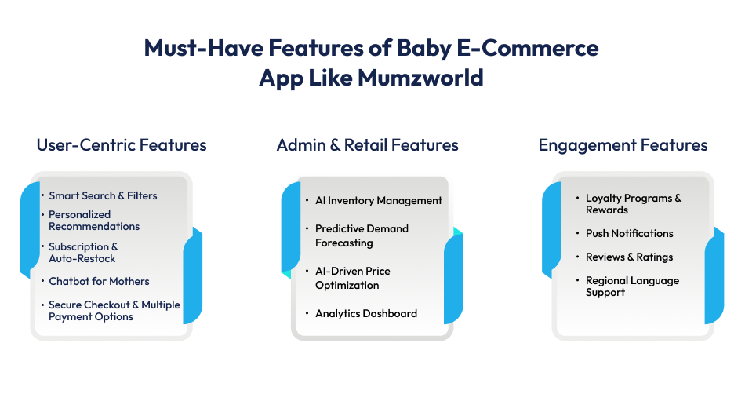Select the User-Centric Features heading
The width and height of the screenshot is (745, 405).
pyautogui.click(x=122, y=145)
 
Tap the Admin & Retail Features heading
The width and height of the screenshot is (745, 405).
pyautogui.click(x=367, y=145)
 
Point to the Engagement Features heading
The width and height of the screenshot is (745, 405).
pyautogui.click(x=623, y=145)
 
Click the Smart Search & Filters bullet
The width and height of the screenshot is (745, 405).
pyautogui.click(x=103, y=195)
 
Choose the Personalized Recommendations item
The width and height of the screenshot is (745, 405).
pyautogui.click(x=94, y=221)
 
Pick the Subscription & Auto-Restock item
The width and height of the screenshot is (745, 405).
pyautogui.click(x=83, y=253)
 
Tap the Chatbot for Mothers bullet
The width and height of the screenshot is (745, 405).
pyautogui.click(x=99, y=281)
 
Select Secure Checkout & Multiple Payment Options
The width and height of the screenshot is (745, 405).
pyautogui.click(x=114, y=311)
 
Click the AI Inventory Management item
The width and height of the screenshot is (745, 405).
pyautogui.click(x=378, y=200)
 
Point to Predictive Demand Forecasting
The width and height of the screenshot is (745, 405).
pyautogui.click(x=362, y=235)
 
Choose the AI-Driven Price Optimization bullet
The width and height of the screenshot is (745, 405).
pyautogui.click(x=352, y=278)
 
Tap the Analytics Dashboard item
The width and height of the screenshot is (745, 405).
pyautogui.click(x=365, y=313)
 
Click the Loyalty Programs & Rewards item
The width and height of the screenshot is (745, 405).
pyautogui.click(x=633, y=204)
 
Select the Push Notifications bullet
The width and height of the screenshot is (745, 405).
pyautogui.click(x=629, y=233)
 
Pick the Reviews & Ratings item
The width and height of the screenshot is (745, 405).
pyautogui.click(x=629, y=257)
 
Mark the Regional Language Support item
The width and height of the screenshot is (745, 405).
pyautogui.click(x=632, y=286)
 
